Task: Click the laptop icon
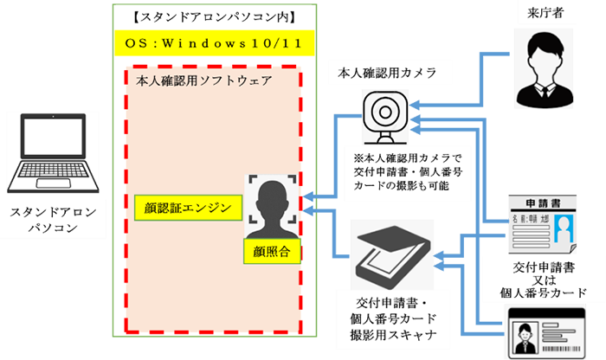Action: [x=56, y=155]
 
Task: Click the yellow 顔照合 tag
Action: [x=265, y=251]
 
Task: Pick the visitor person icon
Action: [x=545, y=56]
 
